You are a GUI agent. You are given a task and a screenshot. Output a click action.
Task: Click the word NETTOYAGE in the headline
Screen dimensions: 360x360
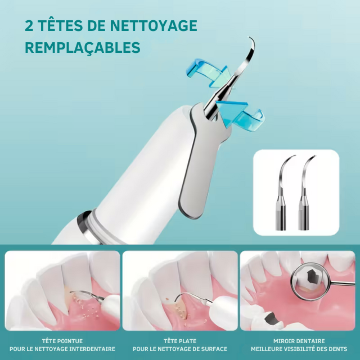[x=154, y=25]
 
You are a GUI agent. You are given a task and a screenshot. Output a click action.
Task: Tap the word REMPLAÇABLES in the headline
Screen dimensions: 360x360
[x=83, y=47]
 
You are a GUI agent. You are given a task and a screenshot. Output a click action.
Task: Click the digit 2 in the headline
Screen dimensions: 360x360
[x=29, y=25]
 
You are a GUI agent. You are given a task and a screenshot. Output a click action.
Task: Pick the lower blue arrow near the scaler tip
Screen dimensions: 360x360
[x=240, y=115]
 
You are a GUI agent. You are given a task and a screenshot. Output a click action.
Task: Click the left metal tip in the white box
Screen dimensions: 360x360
[x=283, y=193]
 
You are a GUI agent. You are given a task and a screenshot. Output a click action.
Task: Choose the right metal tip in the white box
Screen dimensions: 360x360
[x=304, y=193]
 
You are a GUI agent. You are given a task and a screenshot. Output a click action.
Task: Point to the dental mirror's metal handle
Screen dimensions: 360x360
[x=343, y=283]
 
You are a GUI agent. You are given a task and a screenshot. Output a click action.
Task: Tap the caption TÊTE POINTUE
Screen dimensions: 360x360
[x=62, y=341]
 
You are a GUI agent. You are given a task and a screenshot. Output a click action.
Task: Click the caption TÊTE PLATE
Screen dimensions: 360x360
[x=180, y=341]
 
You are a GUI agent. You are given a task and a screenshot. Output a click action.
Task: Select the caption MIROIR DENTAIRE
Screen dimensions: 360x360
[x=299, y=341]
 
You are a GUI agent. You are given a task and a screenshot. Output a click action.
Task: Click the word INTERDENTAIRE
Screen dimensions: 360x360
[x=92, y=349]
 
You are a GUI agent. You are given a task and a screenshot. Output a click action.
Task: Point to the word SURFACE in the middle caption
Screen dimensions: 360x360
[x=214, y=349]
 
